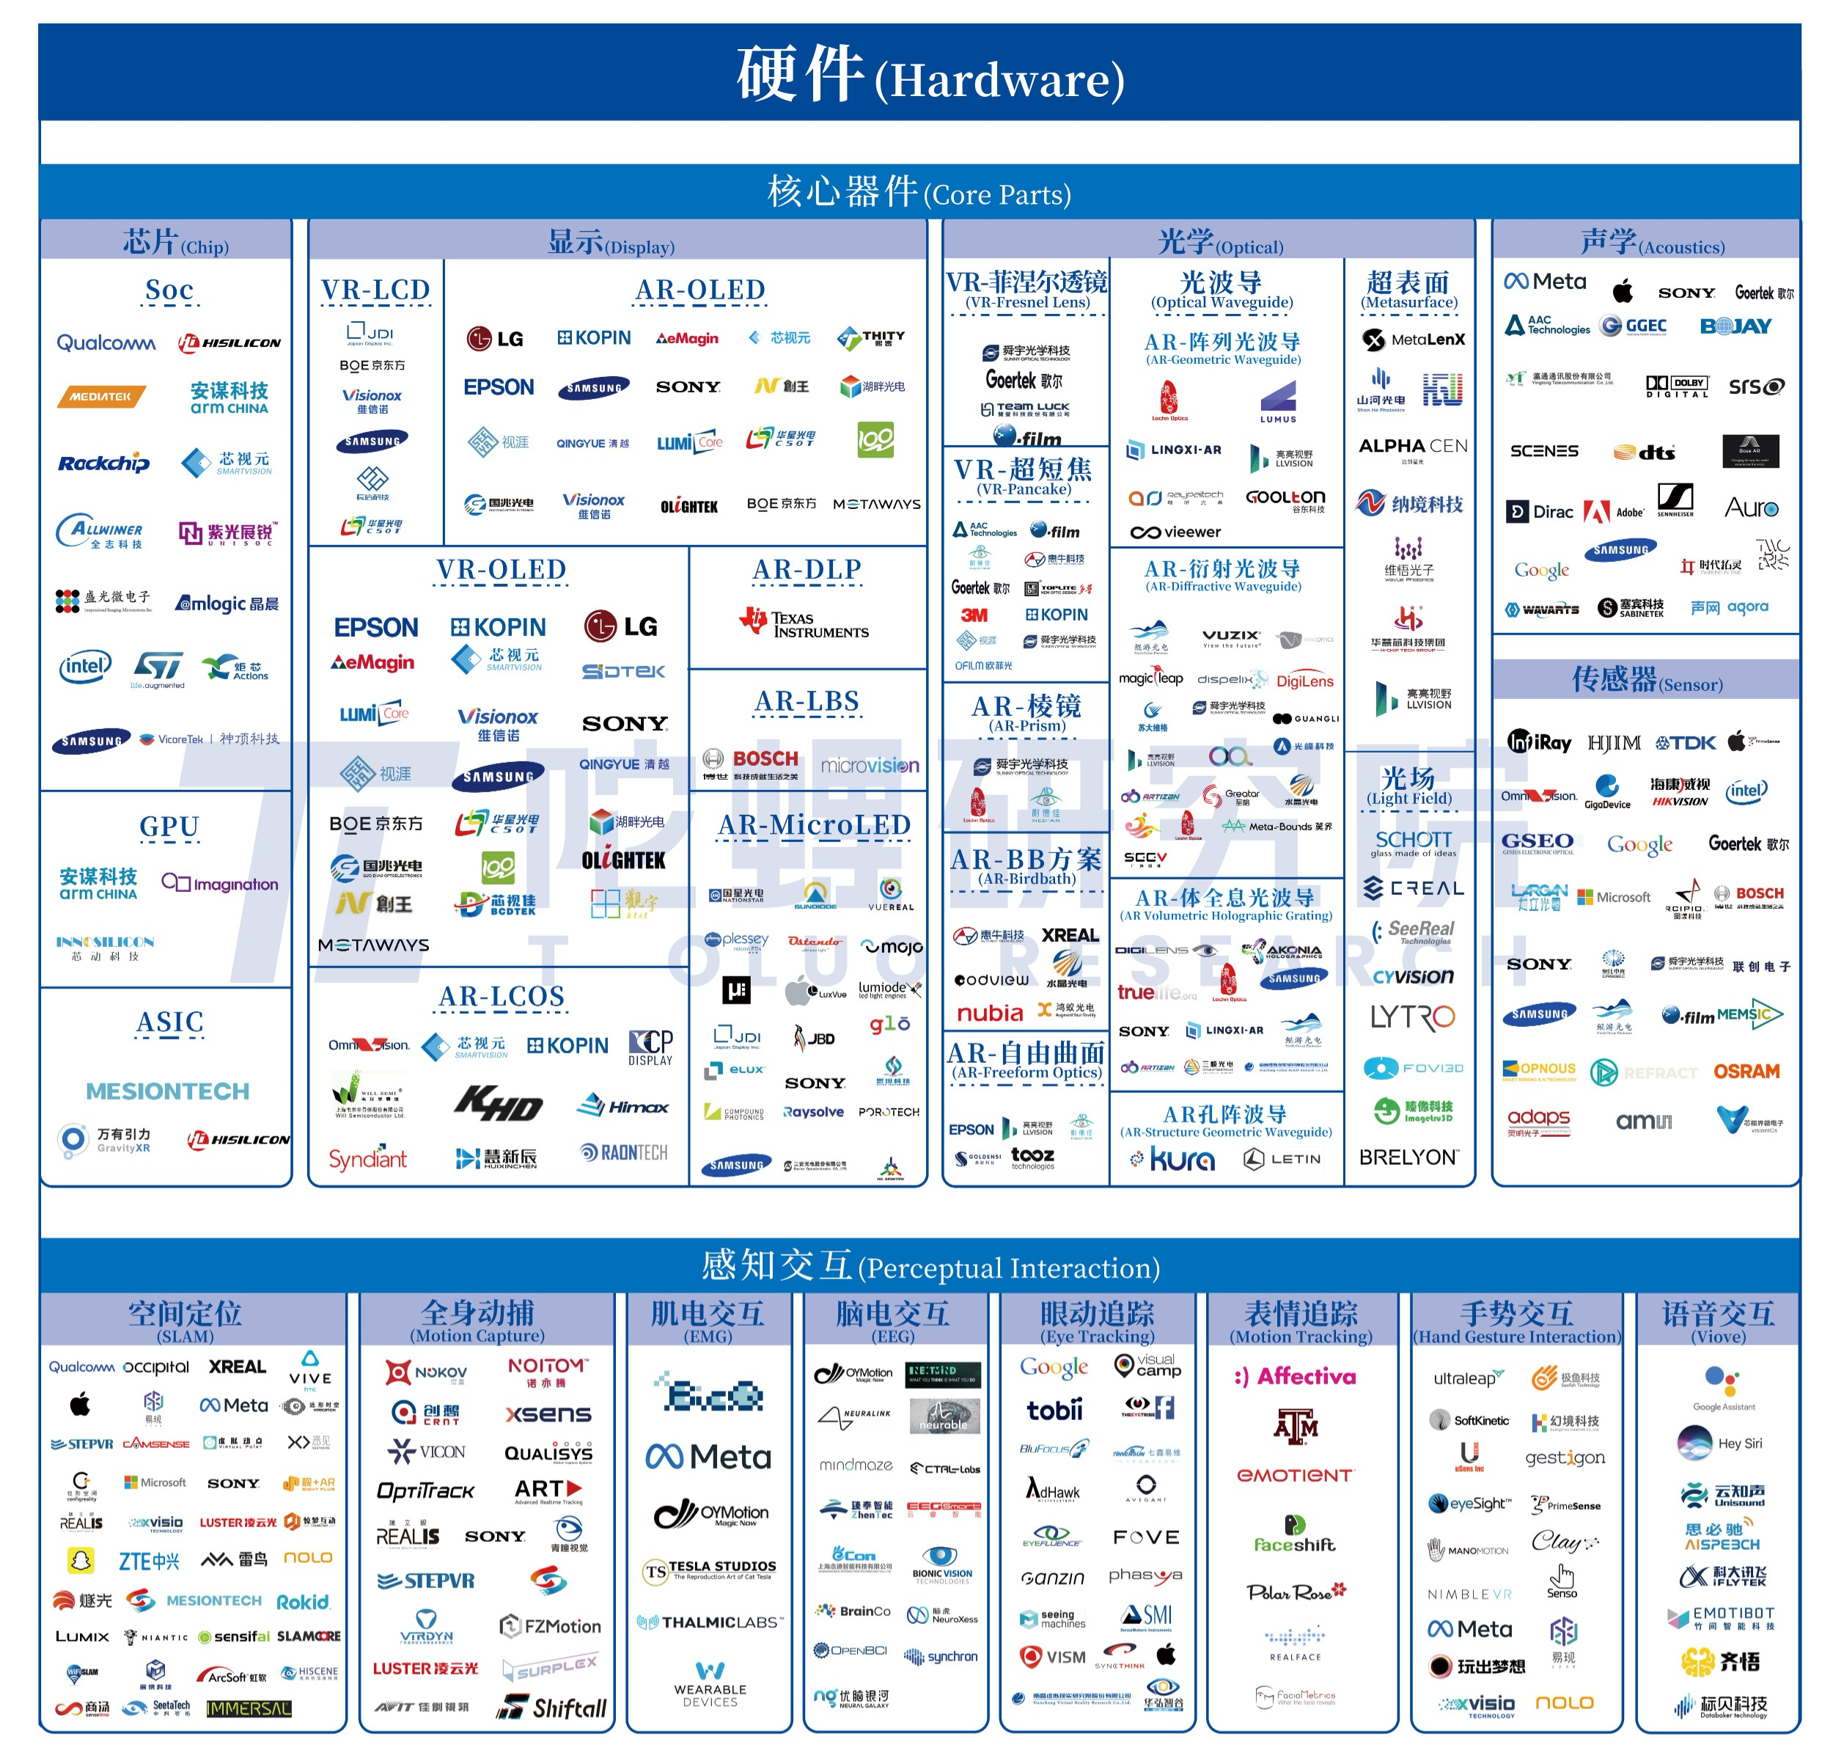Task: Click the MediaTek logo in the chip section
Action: (x=100, y=397)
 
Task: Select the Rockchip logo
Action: (x=103, y=464)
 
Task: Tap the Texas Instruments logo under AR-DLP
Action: (x=804, y=624)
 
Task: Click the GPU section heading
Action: (x=169, y=826)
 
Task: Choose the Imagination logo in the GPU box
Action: (x=221, y=884)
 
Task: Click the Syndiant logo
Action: (x=367, y=1158)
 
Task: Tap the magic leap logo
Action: (x=1150, y=678)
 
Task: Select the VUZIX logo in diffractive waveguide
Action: (x=1230, y=637)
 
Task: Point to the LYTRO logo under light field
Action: (x=1411, y=1017)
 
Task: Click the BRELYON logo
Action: (x=1408, y=1157)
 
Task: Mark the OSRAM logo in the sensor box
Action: (x=1746, y=1072)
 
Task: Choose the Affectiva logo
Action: (x=1296, y=1376)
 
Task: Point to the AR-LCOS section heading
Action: (x=502, y=996)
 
